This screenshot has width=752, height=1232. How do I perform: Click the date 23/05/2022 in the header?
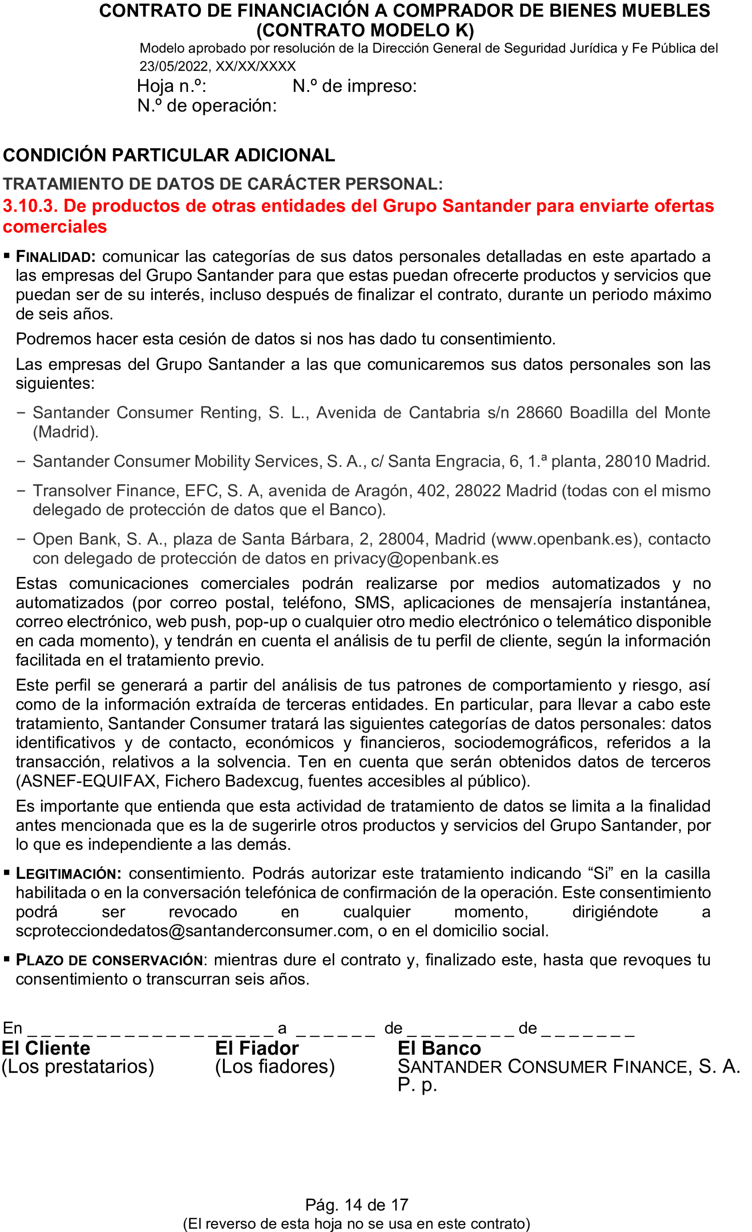pos(173,66)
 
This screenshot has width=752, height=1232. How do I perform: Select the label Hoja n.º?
pos(171,86)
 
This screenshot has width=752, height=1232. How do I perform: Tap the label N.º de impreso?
pos(354,86)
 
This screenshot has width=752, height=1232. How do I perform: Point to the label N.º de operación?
pos(207,106)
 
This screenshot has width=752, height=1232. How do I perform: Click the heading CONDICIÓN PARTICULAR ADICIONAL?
pos(169,155)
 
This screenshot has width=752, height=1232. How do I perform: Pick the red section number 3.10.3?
pos(30,205)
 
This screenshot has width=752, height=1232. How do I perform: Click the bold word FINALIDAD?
pos(56,257)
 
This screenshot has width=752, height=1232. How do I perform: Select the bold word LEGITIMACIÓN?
pos(68,873)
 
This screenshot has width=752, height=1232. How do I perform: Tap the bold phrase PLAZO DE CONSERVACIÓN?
pos(109,960)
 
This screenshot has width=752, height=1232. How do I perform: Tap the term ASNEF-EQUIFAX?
pos(88,781)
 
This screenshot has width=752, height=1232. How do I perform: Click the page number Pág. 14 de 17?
pos(356,1205)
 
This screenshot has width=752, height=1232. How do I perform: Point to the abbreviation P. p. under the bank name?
pos(417,1085)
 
